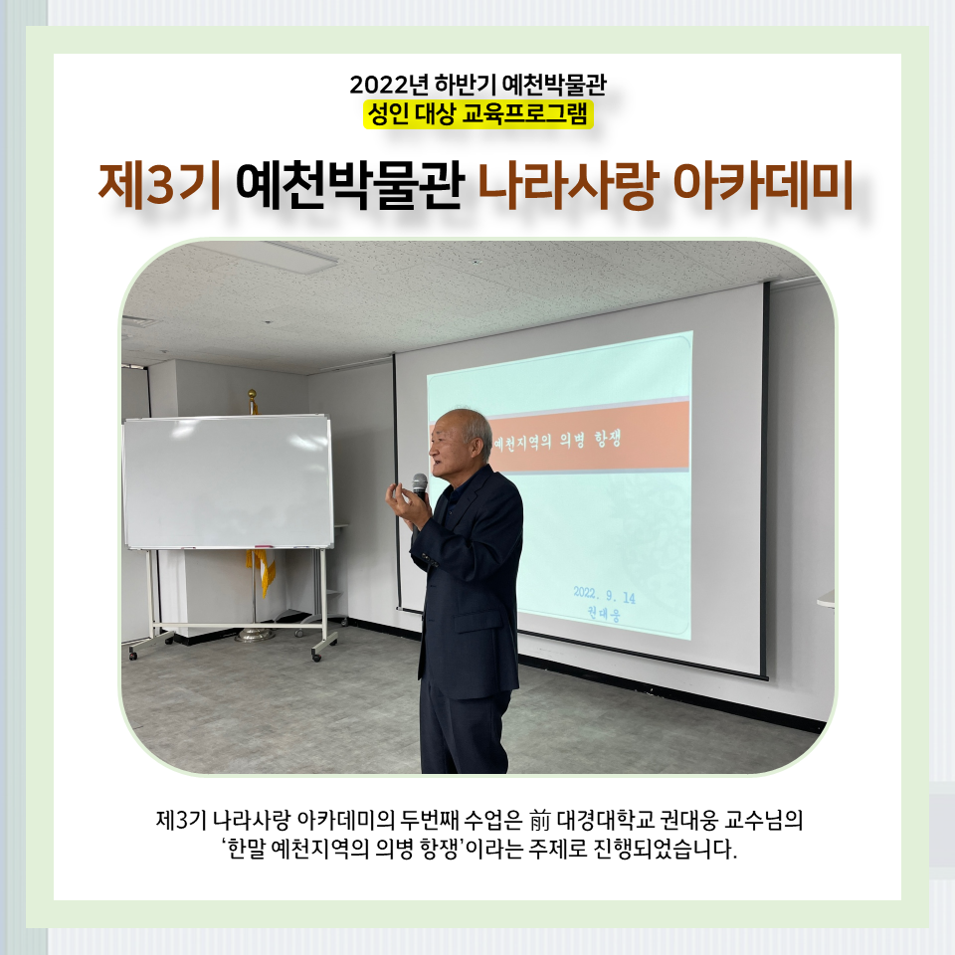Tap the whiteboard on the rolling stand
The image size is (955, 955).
[229, 482]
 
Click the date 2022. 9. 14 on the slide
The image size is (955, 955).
[604, 595]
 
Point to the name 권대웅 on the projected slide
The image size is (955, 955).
[604, 614]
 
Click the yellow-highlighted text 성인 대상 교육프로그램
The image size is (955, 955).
[478, 113]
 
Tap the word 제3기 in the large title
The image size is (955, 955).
[159, 185]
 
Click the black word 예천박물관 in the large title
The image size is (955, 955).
[349, 185]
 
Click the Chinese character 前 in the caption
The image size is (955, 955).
[539, 821]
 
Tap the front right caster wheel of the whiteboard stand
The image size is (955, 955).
[316, 657]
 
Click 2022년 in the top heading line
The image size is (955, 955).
[389, 85]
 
